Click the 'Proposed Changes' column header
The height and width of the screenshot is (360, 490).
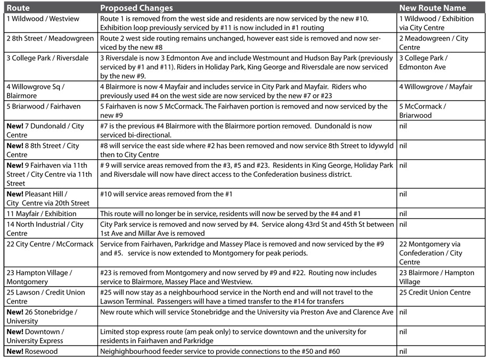coord(136,8)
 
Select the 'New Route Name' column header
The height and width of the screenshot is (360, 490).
coord(432,8)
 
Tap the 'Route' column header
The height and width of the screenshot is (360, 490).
coord(18,8)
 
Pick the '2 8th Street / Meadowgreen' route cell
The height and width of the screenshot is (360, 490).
coord(50,38)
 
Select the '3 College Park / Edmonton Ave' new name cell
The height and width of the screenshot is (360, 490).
coord(423,62)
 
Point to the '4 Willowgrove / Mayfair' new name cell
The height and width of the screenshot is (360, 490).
coord(436,87)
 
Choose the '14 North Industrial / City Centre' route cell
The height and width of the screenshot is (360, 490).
coord(45,228)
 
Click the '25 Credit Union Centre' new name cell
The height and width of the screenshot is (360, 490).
coord(435,292)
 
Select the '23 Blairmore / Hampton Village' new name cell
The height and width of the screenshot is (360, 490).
coord(436,277)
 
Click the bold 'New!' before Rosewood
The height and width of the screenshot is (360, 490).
coord(16,351)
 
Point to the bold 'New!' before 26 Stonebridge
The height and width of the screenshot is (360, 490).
coord(16,312)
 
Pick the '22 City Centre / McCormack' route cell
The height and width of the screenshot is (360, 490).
coord(50,244)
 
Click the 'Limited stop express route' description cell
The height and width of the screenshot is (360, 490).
coord(233,336)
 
